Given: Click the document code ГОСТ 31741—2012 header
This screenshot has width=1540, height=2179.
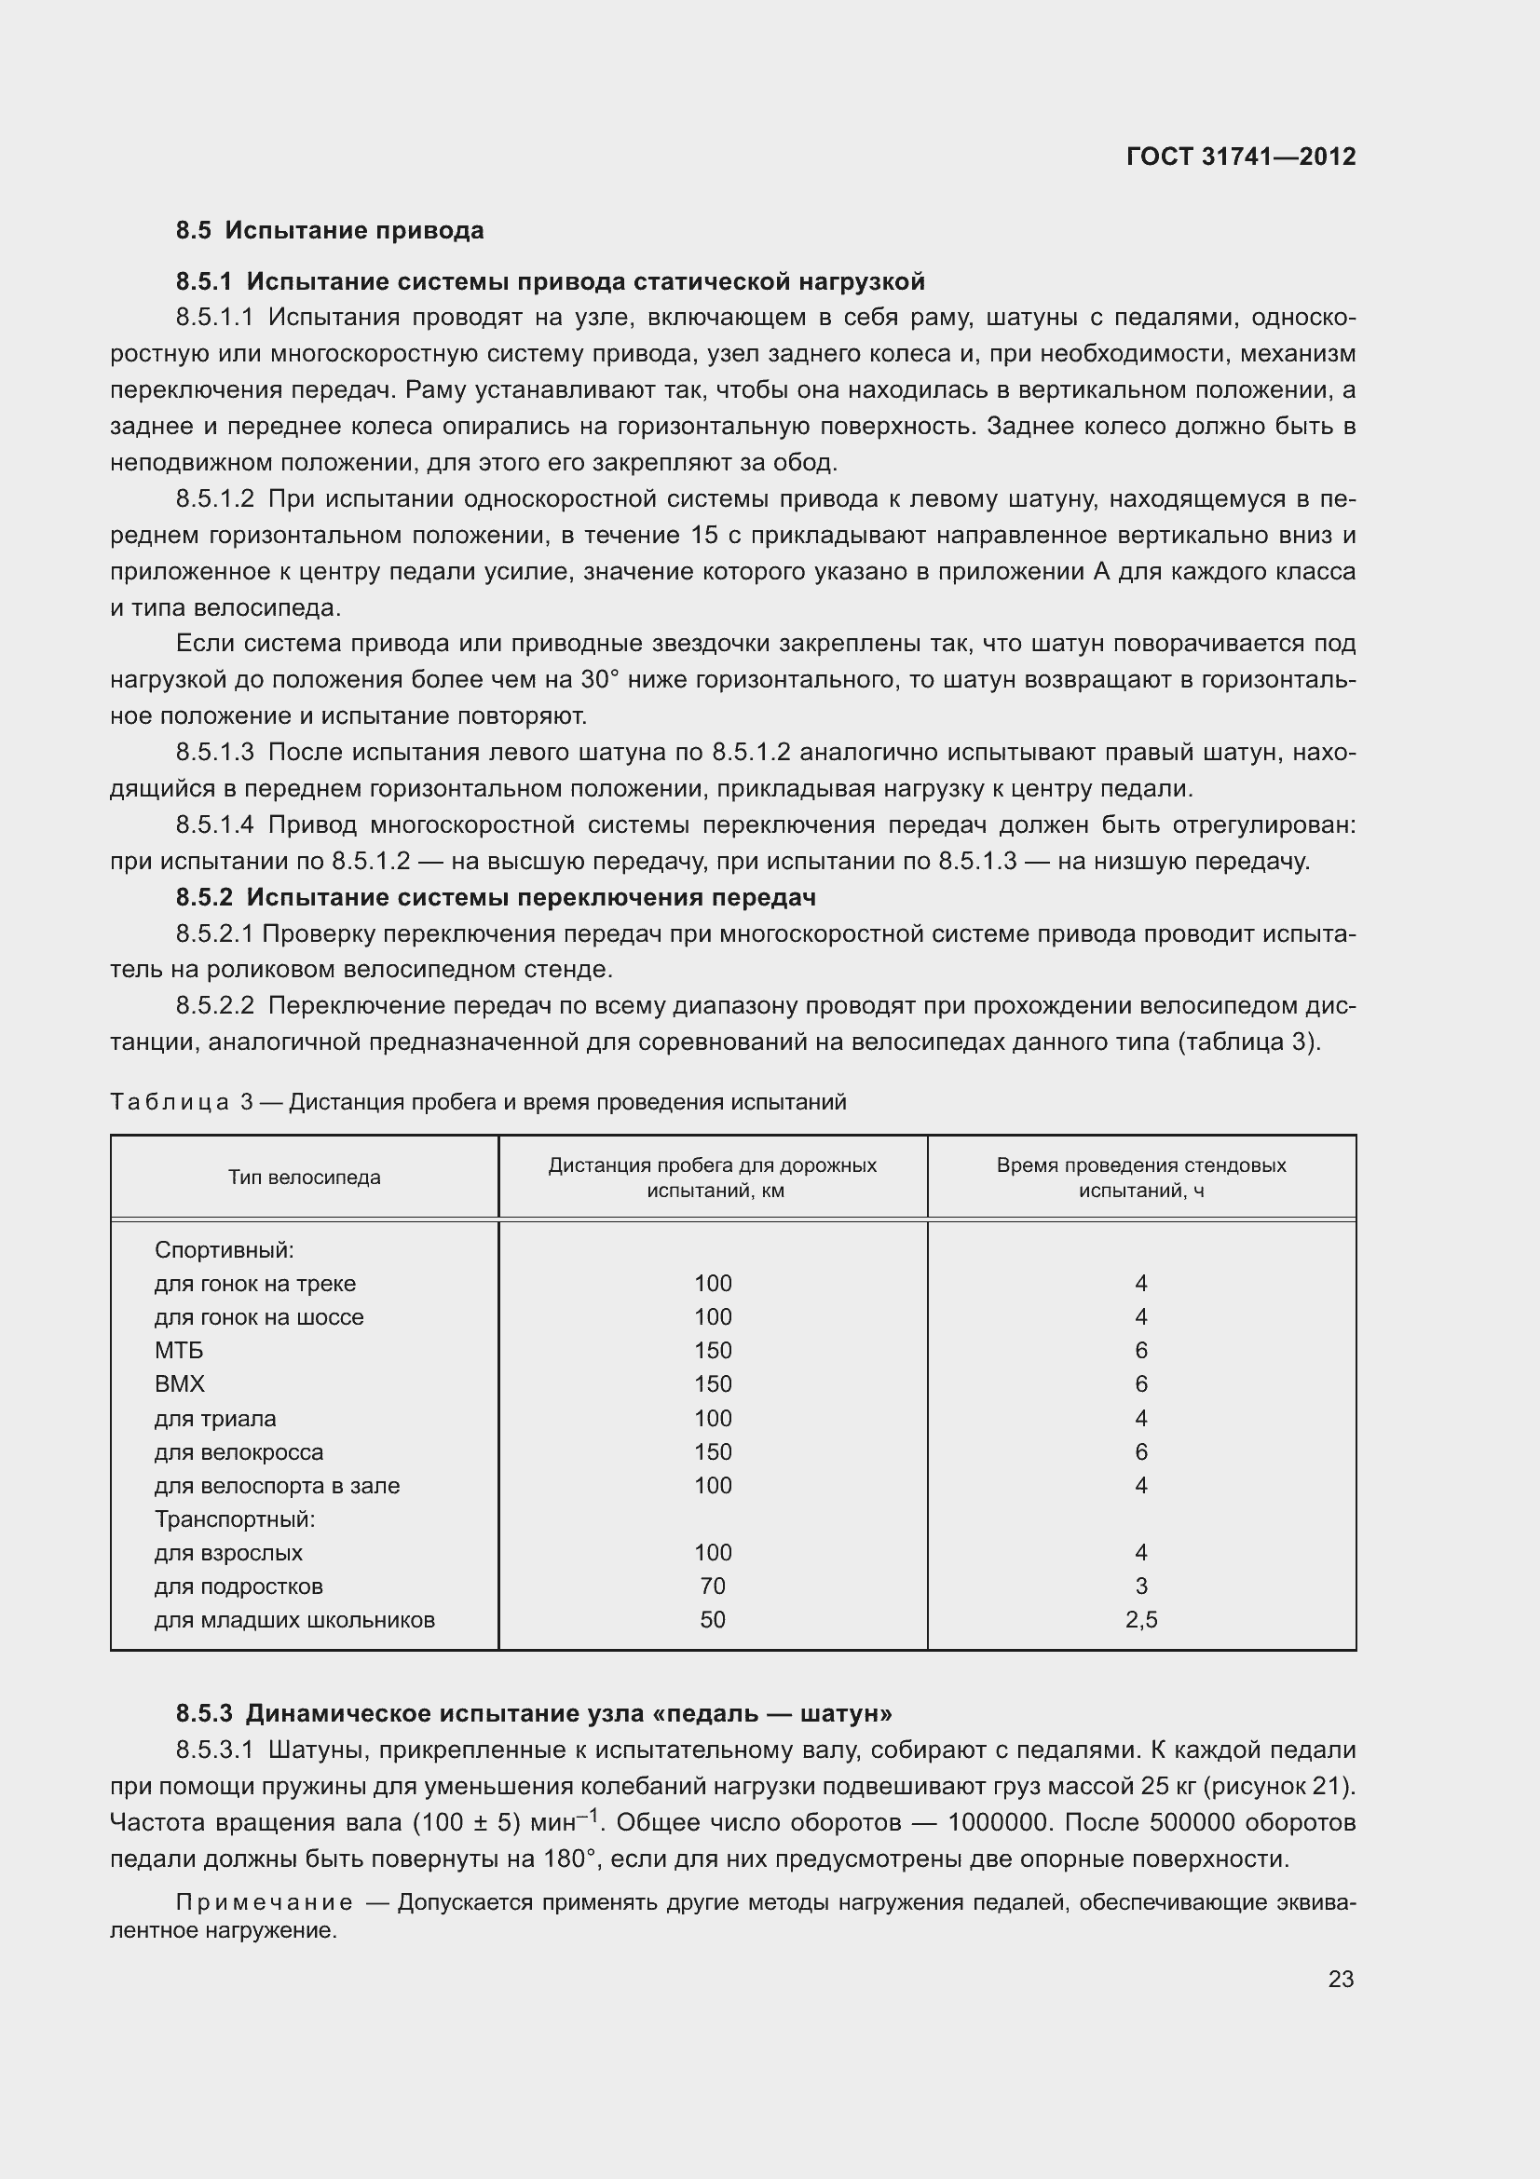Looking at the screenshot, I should pos(1240,157).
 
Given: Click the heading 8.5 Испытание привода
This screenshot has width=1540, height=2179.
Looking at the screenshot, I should pos(329,231).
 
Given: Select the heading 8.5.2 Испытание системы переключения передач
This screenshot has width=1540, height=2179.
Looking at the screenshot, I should pos(496,897).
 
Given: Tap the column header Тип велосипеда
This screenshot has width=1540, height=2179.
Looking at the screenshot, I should pos(304,1177).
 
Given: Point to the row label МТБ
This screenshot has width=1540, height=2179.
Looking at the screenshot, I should pos(178,1350).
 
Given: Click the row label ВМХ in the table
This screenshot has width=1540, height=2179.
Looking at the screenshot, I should pos(179,1383).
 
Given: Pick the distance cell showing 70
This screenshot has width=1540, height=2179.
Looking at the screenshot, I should pos(712,1586).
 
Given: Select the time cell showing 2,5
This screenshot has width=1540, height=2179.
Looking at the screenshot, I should pos(1140,1620).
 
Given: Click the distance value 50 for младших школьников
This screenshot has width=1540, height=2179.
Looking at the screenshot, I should pos(712,1620).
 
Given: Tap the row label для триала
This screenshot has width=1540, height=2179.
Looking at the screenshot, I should pos(215,1418).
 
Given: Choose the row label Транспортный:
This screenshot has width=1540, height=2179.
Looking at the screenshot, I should pos(235,1518).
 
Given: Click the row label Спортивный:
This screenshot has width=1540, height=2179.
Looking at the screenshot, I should pos(224,1249).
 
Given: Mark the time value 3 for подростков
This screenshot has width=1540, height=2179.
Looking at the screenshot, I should pos(1140,1586).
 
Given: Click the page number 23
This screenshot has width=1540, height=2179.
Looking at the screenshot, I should pos(1340,1979).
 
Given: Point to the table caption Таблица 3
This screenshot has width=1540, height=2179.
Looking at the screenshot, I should pos(182,1102).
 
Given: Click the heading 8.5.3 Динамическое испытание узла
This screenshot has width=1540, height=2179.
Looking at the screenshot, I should pos(533,1713).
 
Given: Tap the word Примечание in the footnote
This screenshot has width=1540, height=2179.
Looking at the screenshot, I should pos(265,1903).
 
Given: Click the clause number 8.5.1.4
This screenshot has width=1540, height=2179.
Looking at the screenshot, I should pos(214,824).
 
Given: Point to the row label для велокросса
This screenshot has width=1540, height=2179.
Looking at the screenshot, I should pos(238,1451).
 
